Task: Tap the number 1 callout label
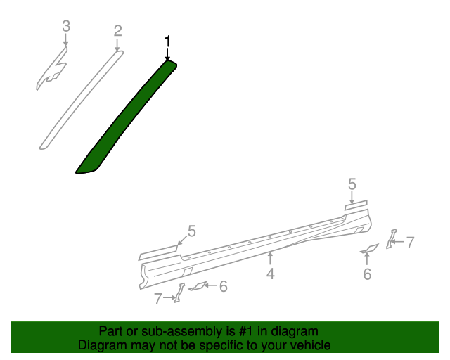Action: (x=167, y=41)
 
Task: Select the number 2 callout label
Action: (x=118, y=30)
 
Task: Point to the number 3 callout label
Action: (x=66, y=27)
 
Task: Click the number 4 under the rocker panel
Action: (x=271, y=274)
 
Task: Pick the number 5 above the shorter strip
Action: (x=352, y=185)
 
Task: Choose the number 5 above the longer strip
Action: (x=191, y=231)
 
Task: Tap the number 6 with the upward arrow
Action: (x=367, y=274)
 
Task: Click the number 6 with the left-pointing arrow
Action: (x=223, y=286)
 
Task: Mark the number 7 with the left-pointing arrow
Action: (x=410, y=243)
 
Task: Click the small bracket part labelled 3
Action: (x=53, y=70)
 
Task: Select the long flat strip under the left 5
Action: (x=159, y=250)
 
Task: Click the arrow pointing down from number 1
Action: (x=167, y=53)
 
